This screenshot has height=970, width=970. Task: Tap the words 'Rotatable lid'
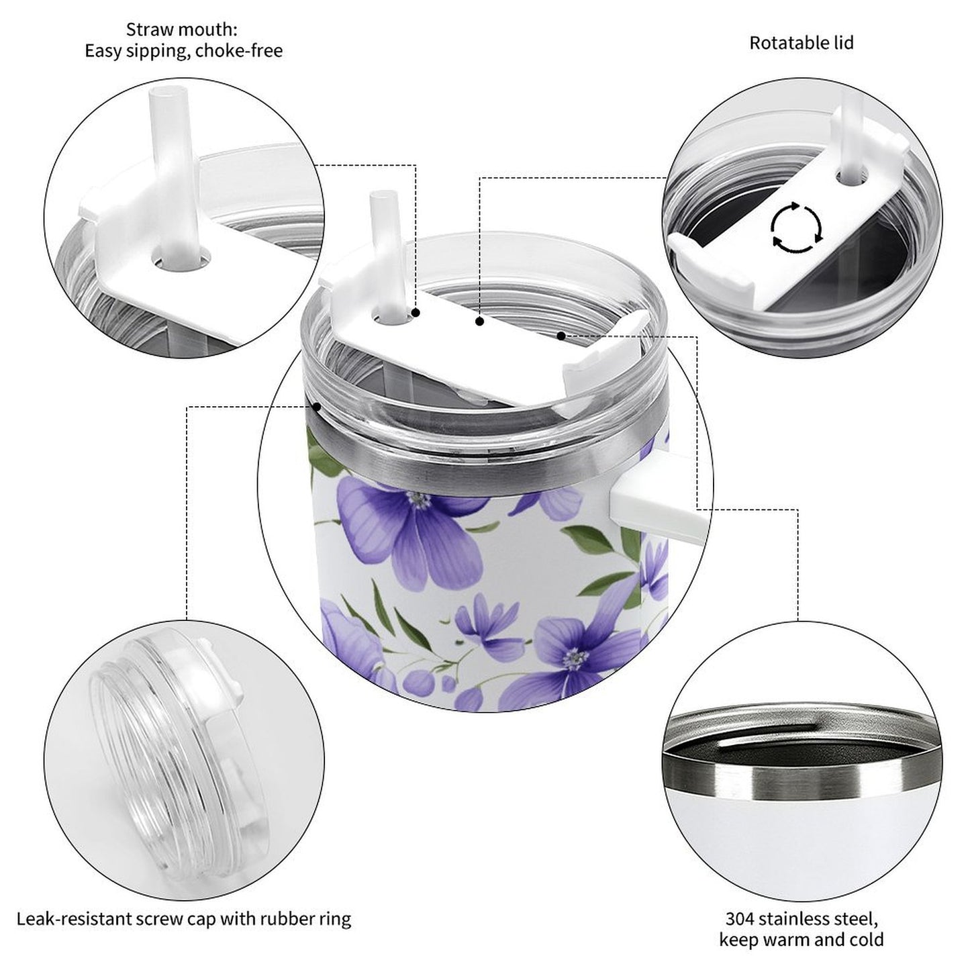[801, 43]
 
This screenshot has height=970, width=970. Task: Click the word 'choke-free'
[240, 51]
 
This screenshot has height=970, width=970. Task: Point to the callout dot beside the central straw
[416, 313]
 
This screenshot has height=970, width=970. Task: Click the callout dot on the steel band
[316, 405]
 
